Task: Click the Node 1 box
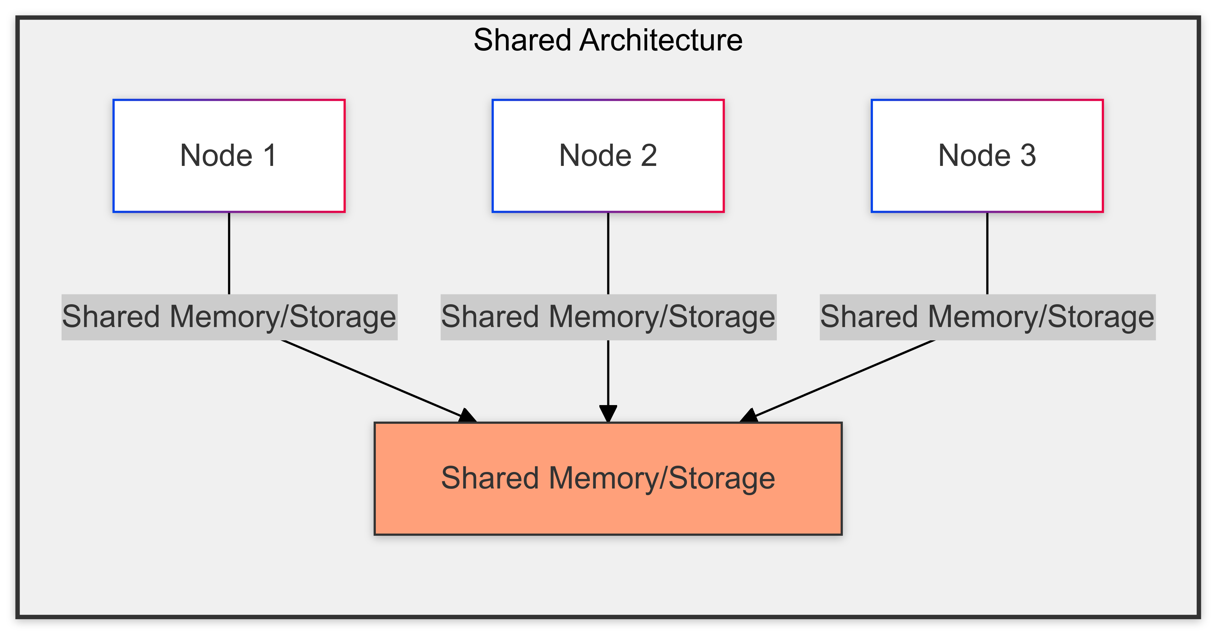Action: click(x=229, y=155)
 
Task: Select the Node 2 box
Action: click(x=608, y=155)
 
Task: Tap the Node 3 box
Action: click(x=987, y=155)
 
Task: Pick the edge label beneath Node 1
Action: click(x=229, y=317)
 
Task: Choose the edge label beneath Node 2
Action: click(x=608, y=317)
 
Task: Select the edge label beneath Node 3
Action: click(x=987, y=317)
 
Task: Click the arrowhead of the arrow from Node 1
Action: click(x=468, y=416)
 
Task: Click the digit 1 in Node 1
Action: click(x=270, y=155)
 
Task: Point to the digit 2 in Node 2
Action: click(x=649, y=155)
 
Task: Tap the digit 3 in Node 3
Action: click(x=1028, y=155)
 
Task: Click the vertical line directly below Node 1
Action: click(x=229, y=253)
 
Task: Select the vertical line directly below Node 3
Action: click(x=987, y=253)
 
